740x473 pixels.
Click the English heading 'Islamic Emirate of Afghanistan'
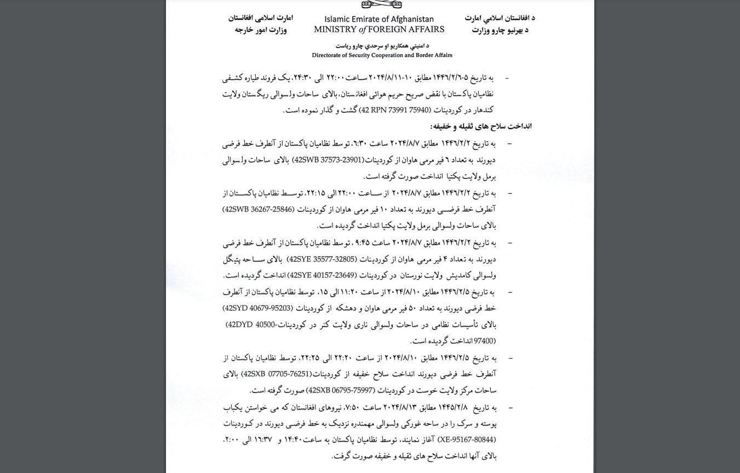(x=379, y=19)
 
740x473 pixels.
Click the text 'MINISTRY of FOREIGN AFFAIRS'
(x=379, y=30)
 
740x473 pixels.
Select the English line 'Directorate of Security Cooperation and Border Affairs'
(x=382, y=55)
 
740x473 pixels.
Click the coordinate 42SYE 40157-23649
(x=322, y=275)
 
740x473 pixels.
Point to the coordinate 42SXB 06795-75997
(x=341, y=391)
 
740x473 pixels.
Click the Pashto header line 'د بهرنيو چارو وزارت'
(x=499, y=30)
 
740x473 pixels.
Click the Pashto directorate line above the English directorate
(x=381, y=45)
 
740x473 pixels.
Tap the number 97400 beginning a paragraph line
(x=485, y=341)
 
